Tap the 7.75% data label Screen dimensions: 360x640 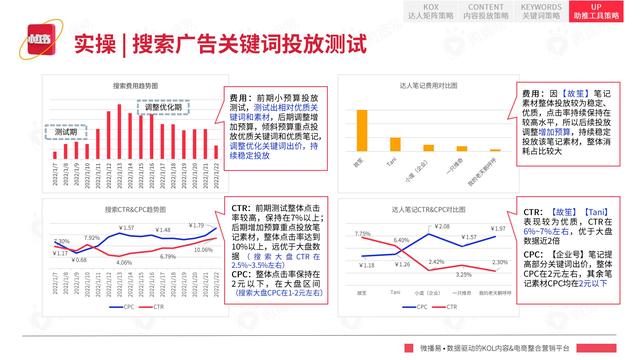tap(362, 233)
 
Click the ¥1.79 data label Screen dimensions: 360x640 tap(196, 226)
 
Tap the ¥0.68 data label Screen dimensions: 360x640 tap(80, 259)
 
